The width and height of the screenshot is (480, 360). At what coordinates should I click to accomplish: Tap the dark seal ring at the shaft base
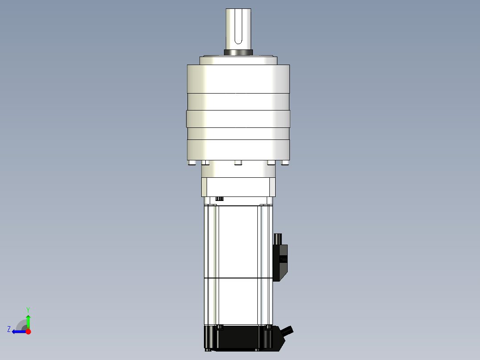coord(238,53)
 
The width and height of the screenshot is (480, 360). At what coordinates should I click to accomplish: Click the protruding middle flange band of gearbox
coord(238,119)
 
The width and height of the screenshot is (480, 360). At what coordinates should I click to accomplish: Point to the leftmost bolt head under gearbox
coord(191,163)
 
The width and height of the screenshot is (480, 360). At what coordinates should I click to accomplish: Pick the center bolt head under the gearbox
coord(238,163)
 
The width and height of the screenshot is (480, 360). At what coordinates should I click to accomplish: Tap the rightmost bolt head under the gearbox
coord(285,163)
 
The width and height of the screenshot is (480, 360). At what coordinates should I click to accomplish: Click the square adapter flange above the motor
coord(238,187)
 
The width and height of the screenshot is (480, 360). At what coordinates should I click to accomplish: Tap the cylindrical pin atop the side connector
coord(279,239)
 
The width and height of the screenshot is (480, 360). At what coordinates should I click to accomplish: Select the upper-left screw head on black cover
coord(219,327)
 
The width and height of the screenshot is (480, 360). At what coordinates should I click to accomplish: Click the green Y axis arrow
coord(28,321)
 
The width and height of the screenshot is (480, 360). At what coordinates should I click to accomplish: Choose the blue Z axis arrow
coord(18,331)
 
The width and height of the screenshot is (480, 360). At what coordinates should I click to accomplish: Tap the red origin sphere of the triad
coord(28,331)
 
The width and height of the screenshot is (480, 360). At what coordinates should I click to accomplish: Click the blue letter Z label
coord(9,329)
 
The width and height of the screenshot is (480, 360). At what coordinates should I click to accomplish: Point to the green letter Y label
coord(28,309)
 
